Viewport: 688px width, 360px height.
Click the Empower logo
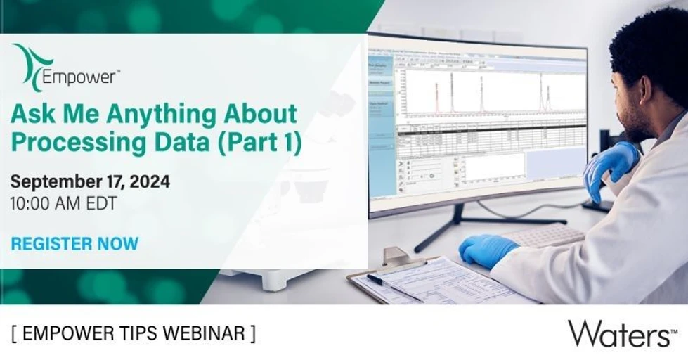pyautogui.click(x=63, y=67)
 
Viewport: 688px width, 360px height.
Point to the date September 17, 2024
pyautogui.click(x=89, y=181)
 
